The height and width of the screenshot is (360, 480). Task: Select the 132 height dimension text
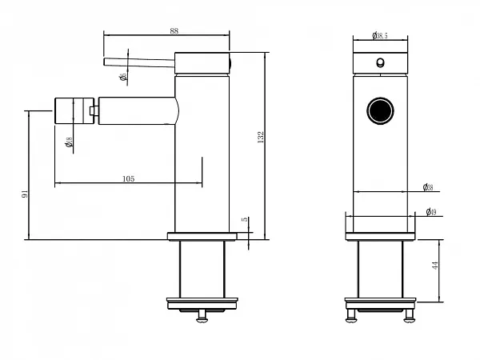click(261, 138)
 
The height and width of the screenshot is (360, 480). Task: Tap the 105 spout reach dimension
click(128, 178)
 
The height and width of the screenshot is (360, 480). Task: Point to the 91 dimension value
click(25, 194)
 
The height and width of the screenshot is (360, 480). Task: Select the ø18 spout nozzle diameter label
click(70, 142)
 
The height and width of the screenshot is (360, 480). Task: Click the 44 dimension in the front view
click(436, 266)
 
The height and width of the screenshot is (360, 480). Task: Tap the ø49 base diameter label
click(430, 212)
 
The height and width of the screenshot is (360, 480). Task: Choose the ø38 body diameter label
click(428, 188)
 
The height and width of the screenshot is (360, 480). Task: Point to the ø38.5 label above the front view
click(380, 35)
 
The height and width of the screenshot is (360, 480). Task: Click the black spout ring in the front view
click(381, 110)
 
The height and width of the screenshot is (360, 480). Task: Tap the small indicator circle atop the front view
click(381, 63)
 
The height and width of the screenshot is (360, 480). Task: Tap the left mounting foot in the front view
click(350, 315)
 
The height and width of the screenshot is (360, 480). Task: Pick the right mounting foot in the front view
click(410, 315)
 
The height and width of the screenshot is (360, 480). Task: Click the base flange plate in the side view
click(203, 236)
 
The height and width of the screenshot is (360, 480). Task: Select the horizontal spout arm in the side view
click(136, 110)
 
